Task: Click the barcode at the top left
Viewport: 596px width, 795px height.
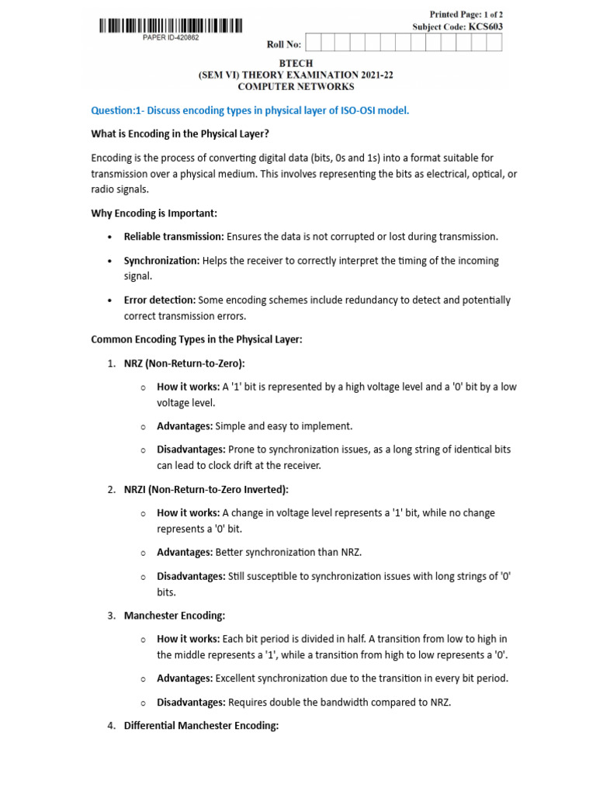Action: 170,26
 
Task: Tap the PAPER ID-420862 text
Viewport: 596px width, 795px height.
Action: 171,37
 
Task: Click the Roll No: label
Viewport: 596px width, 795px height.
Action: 283,44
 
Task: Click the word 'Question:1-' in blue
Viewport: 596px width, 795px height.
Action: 117,110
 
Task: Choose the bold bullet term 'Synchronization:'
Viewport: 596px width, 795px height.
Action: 161,261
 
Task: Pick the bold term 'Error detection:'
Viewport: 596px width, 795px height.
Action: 160,300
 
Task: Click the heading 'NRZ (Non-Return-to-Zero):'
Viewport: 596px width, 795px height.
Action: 184,363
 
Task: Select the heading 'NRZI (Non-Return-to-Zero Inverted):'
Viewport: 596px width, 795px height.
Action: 206,489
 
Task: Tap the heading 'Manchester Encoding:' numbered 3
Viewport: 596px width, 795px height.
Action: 175,616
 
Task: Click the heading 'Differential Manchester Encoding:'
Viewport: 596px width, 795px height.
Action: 201,726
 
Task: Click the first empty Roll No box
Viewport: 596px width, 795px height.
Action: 317,43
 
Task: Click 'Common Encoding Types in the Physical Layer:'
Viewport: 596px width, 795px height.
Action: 196,339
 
